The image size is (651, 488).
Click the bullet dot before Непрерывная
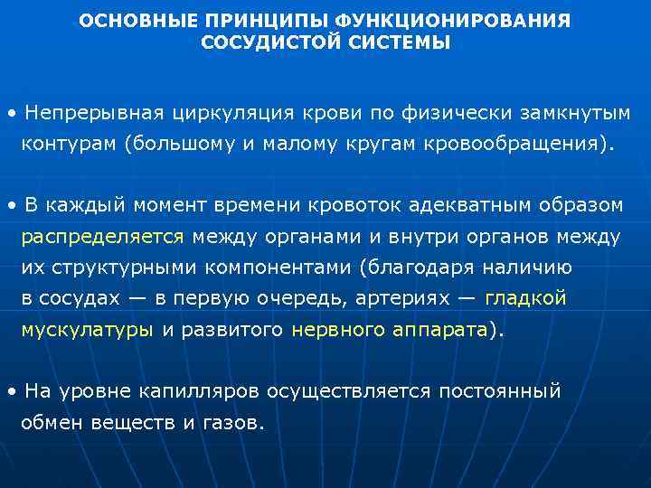click(x=10, y=114)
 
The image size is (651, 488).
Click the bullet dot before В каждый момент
click(x=10, y=206)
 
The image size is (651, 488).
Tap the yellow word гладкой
click(x=526, y=298)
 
